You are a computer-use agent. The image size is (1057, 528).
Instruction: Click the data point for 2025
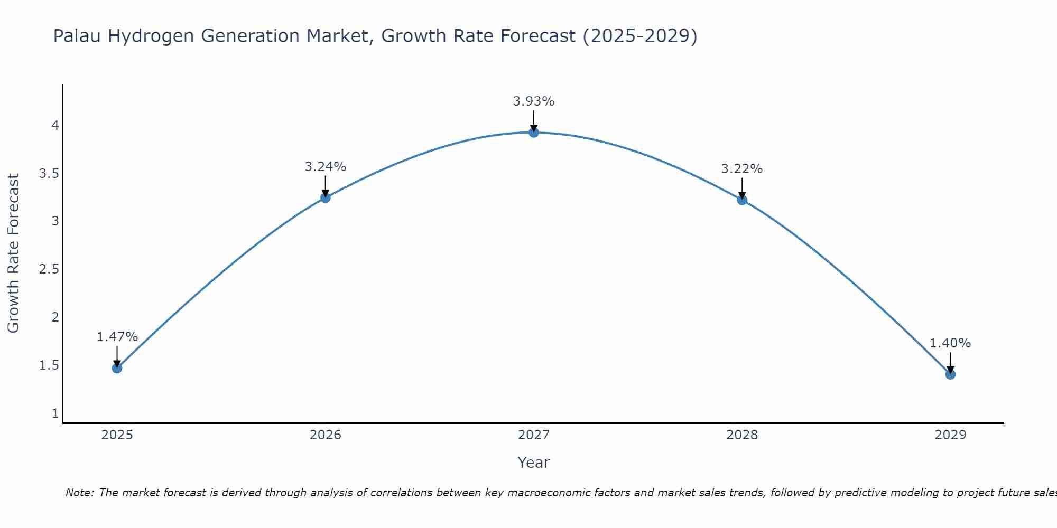tap(117, 368)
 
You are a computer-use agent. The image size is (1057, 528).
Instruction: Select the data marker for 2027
tap(534, 133)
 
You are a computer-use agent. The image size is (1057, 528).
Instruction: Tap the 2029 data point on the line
tap(950, 374)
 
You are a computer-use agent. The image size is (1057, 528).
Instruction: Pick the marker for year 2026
tap(326, 198)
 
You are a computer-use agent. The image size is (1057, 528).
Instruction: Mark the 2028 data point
tap(742, 200)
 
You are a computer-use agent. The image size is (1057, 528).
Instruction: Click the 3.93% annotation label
tap(534, 101)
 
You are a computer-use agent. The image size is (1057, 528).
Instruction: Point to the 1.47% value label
tap(117, 337)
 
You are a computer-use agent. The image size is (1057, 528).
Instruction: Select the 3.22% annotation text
tap(742, 169)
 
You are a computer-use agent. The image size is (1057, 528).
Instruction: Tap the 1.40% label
tap(950, 343)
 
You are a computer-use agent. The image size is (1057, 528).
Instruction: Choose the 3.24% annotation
tap(326, 167)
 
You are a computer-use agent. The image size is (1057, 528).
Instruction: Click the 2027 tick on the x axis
tap(534, 435)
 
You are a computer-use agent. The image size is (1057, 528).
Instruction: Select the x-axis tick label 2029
tap(950, 435)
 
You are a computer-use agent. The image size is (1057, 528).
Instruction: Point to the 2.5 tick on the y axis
tap(49, 269)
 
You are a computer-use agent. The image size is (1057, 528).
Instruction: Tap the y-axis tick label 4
tap(55, 126)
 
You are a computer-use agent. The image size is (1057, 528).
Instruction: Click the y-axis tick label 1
tap(55, 413)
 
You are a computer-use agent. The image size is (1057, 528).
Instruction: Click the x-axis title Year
tap(534, 463)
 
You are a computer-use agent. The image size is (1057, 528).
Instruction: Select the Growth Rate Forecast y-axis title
tap(14, 253)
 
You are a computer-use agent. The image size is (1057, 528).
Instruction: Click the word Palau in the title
tap(78, 36)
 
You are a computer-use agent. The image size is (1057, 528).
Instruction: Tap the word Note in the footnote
tap(79, 493)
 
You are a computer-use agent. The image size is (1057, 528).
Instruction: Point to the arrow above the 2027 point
tap(534, 120)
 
